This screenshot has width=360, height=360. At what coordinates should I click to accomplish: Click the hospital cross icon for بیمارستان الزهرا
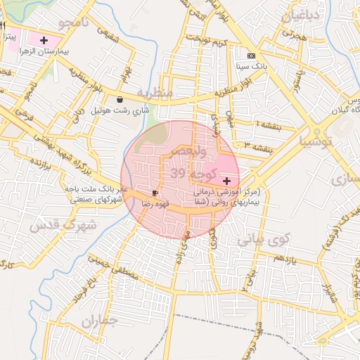point(44,40)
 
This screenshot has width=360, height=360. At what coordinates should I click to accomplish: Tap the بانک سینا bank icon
point(251,55)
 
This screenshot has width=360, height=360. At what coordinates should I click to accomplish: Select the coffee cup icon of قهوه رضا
point(155,193)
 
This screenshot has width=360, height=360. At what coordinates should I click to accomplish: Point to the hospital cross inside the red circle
point(226,181)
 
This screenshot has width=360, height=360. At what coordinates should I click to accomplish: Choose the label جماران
point(96,323)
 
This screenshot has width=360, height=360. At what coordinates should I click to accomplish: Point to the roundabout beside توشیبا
point(316,130)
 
